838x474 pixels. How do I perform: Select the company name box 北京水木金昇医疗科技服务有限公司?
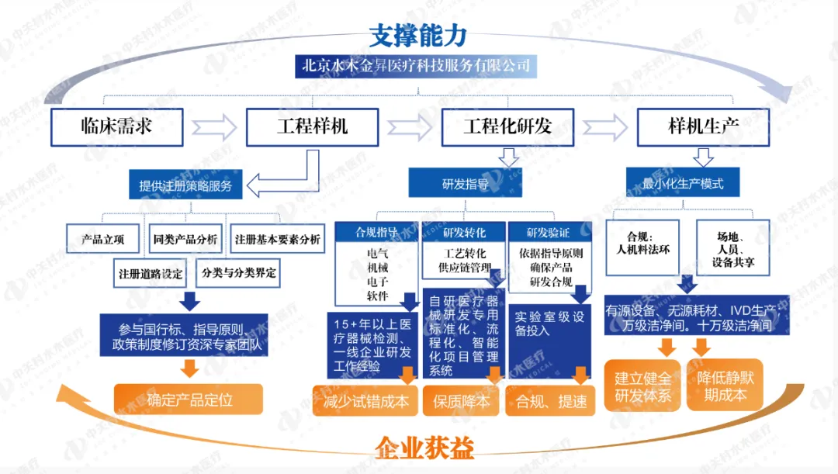coord(417,66)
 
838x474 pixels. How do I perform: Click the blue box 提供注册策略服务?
coord(185,185)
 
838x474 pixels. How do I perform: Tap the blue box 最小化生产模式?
coord(683,184)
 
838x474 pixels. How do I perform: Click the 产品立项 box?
coord(103,239)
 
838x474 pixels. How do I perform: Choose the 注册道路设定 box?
coord(151,273)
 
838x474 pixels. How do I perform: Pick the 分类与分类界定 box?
coord(238,273)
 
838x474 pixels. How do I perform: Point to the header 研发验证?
coord(548,232)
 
